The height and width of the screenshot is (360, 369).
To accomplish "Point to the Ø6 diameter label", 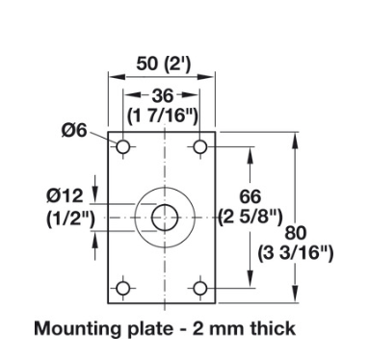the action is click(74, 130).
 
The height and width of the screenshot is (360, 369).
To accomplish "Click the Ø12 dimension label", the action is click(65, 195).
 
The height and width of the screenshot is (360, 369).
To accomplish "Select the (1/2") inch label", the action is click(71, 219).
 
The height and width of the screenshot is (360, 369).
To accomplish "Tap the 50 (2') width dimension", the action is click(164, 64).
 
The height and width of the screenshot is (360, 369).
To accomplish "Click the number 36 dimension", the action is click(163, 95).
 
